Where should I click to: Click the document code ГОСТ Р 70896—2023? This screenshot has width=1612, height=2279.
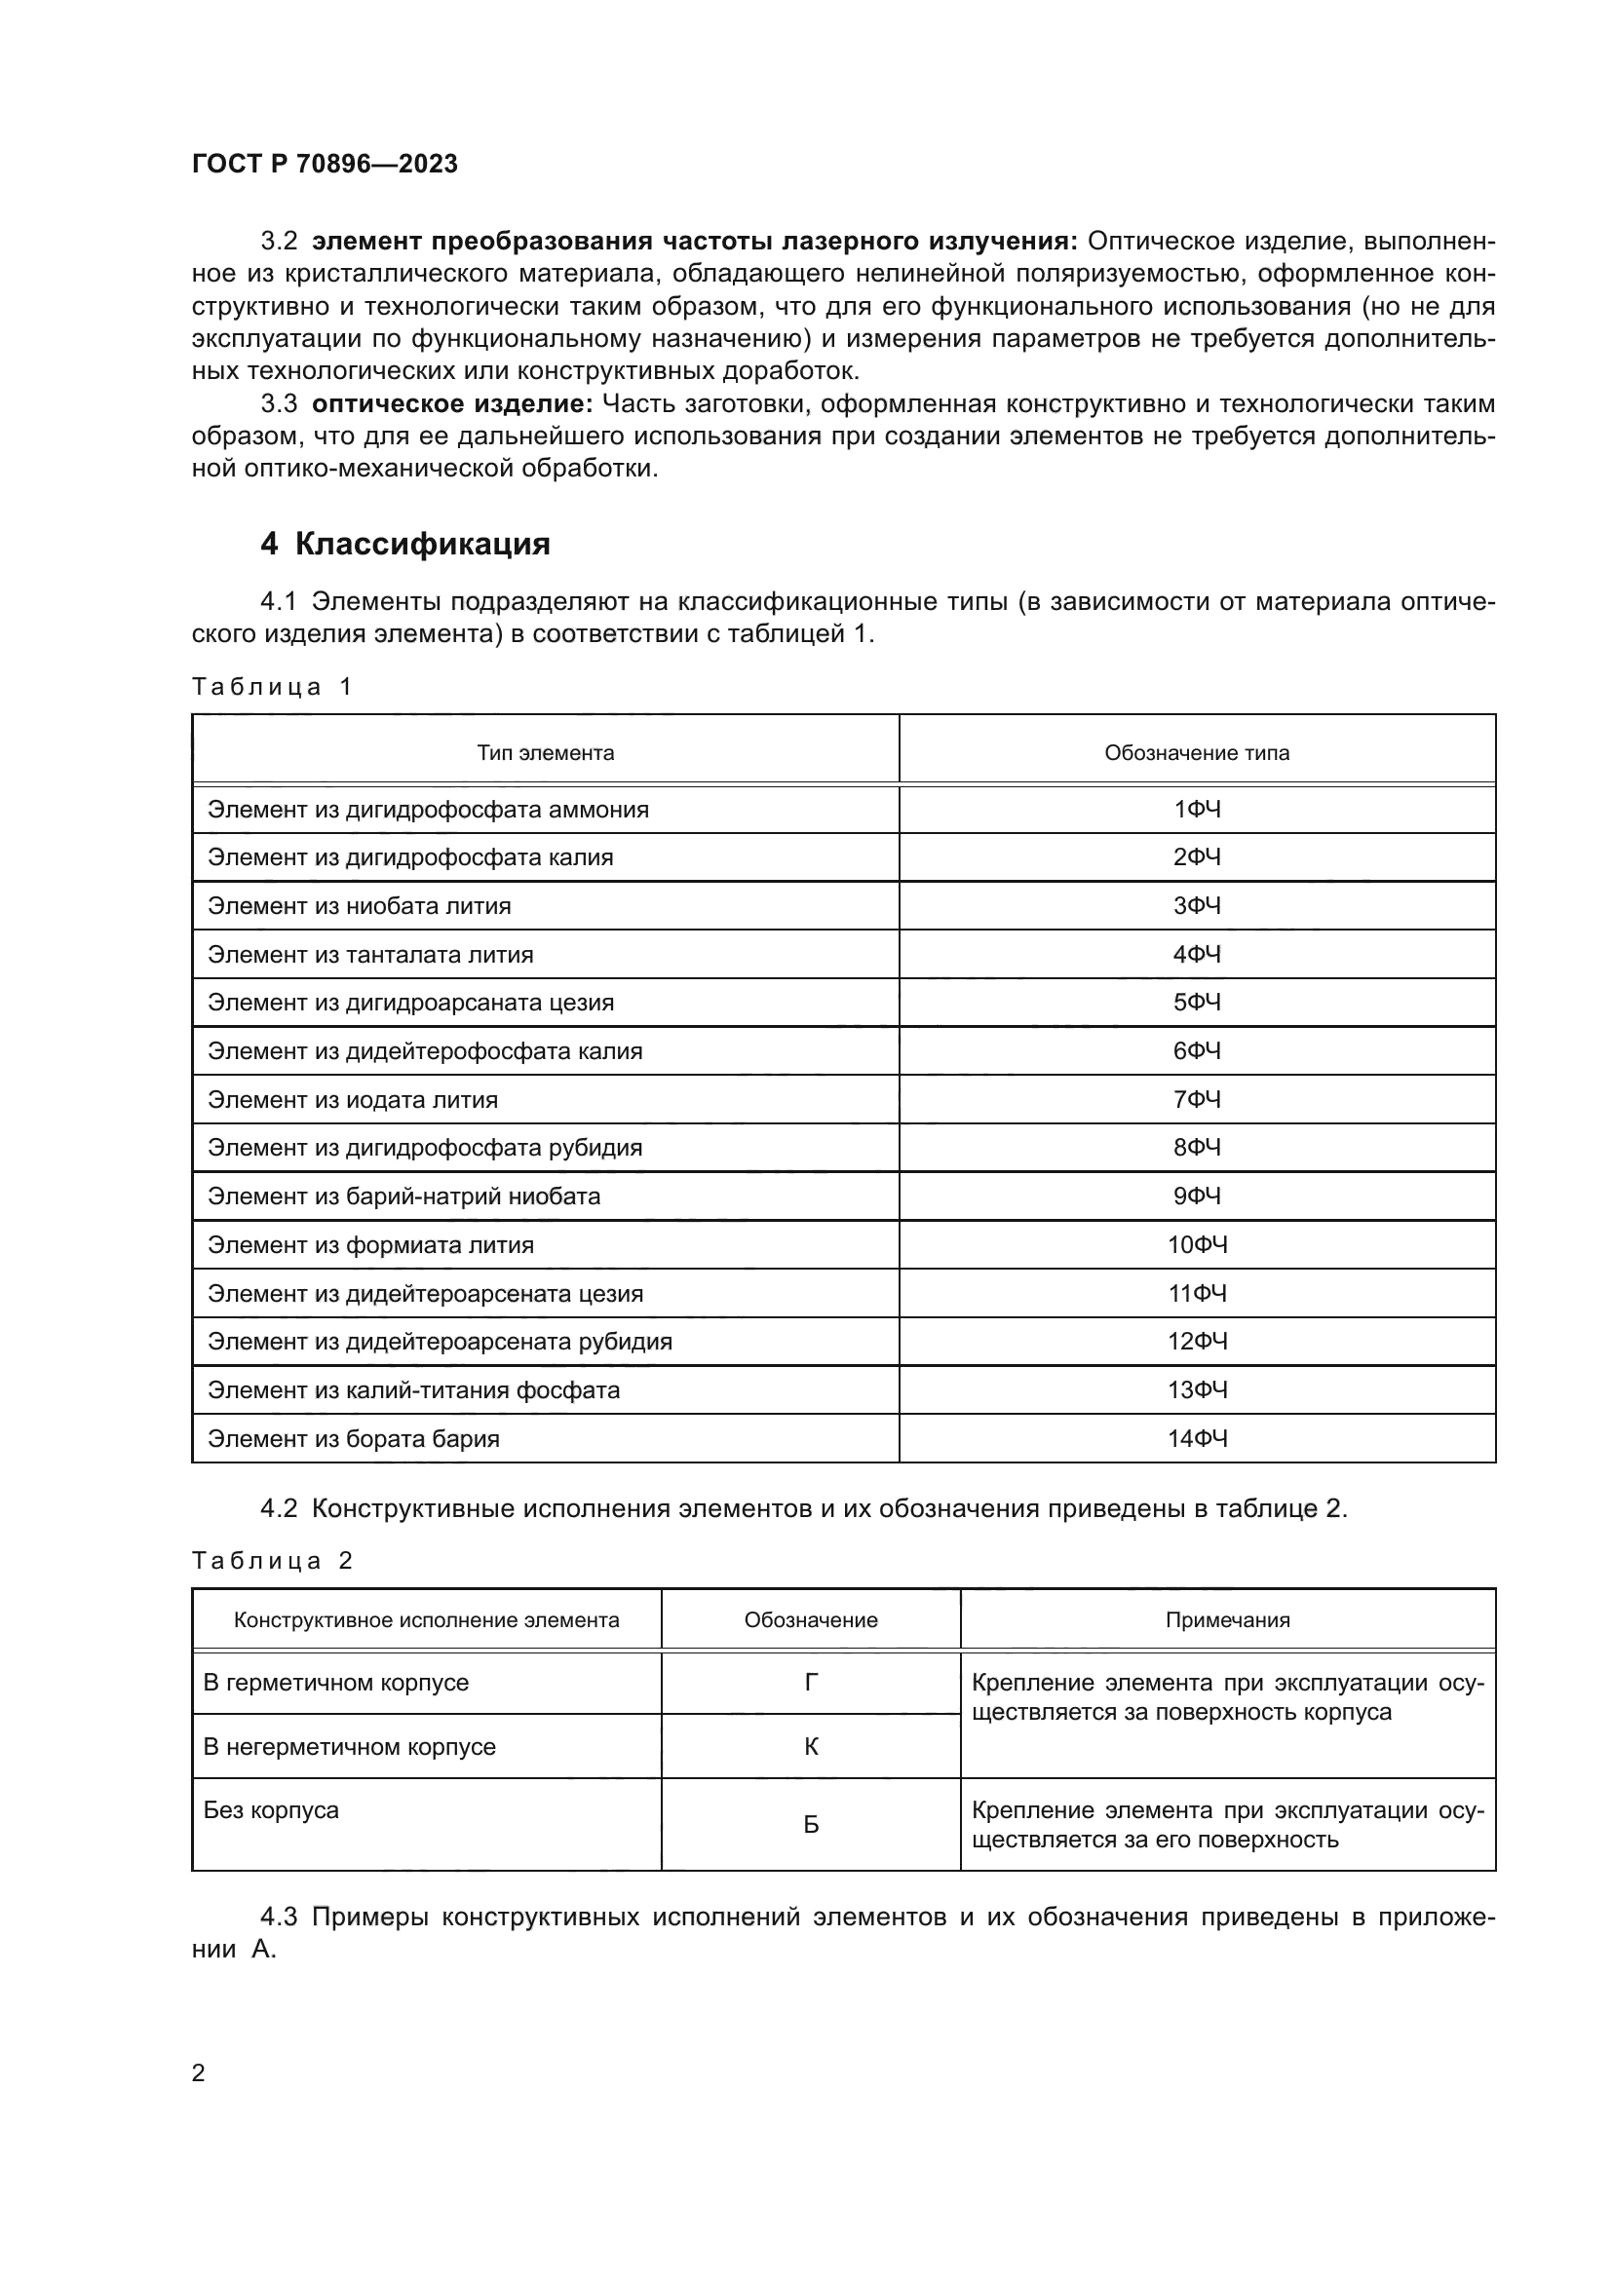(325, 164)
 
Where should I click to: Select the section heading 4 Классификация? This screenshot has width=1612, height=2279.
(405, 544)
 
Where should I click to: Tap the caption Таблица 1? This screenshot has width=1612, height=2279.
(272, 687)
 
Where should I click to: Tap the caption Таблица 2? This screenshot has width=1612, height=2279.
(272, 1561)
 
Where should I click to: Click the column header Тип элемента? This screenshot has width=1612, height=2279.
(545, 752)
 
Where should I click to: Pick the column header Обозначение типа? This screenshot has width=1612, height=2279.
(1196, 752)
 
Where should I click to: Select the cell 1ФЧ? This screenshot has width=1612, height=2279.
(1196, 810)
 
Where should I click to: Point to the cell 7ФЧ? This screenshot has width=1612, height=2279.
(1196, 1100)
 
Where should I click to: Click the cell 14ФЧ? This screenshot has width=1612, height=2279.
(1196, 1438)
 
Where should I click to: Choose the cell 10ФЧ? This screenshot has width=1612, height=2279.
(1196, 1244)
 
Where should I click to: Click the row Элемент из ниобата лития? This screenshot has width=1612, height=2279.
(360, 906)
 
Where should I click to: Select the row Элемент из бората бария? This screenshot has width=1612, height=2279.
(354, 1438)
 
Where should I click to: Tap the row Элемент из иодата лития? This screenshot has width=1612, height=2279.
(353, 1100)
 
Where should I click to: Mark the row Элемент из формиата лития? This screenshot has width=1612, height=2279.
(370, 1244)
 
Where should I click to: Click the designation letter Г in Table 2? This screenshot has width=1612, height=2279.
(810, 1683)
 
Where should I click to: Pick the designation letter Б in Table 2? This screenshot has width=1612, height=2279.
(810, 1824)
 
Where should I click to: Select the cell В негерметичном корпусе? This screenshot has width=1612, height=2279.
(350, 1747)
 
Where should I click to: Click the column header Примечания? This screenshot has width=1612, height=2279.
(1227, 1621)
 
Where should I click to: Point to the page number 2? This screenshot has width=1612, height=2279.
(199, 2073)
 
